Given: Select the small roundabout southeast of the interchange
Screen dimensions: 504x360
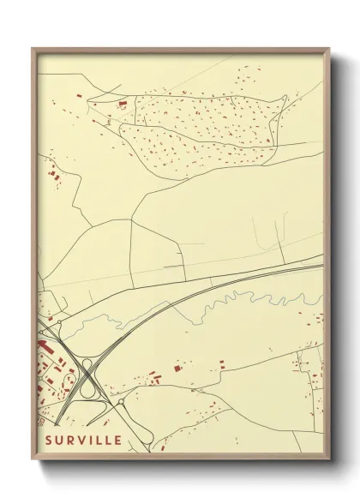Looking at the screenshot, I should coord(121,401).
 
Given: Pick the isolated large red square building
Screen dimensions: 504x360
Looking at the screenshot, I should coord(177,368).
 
